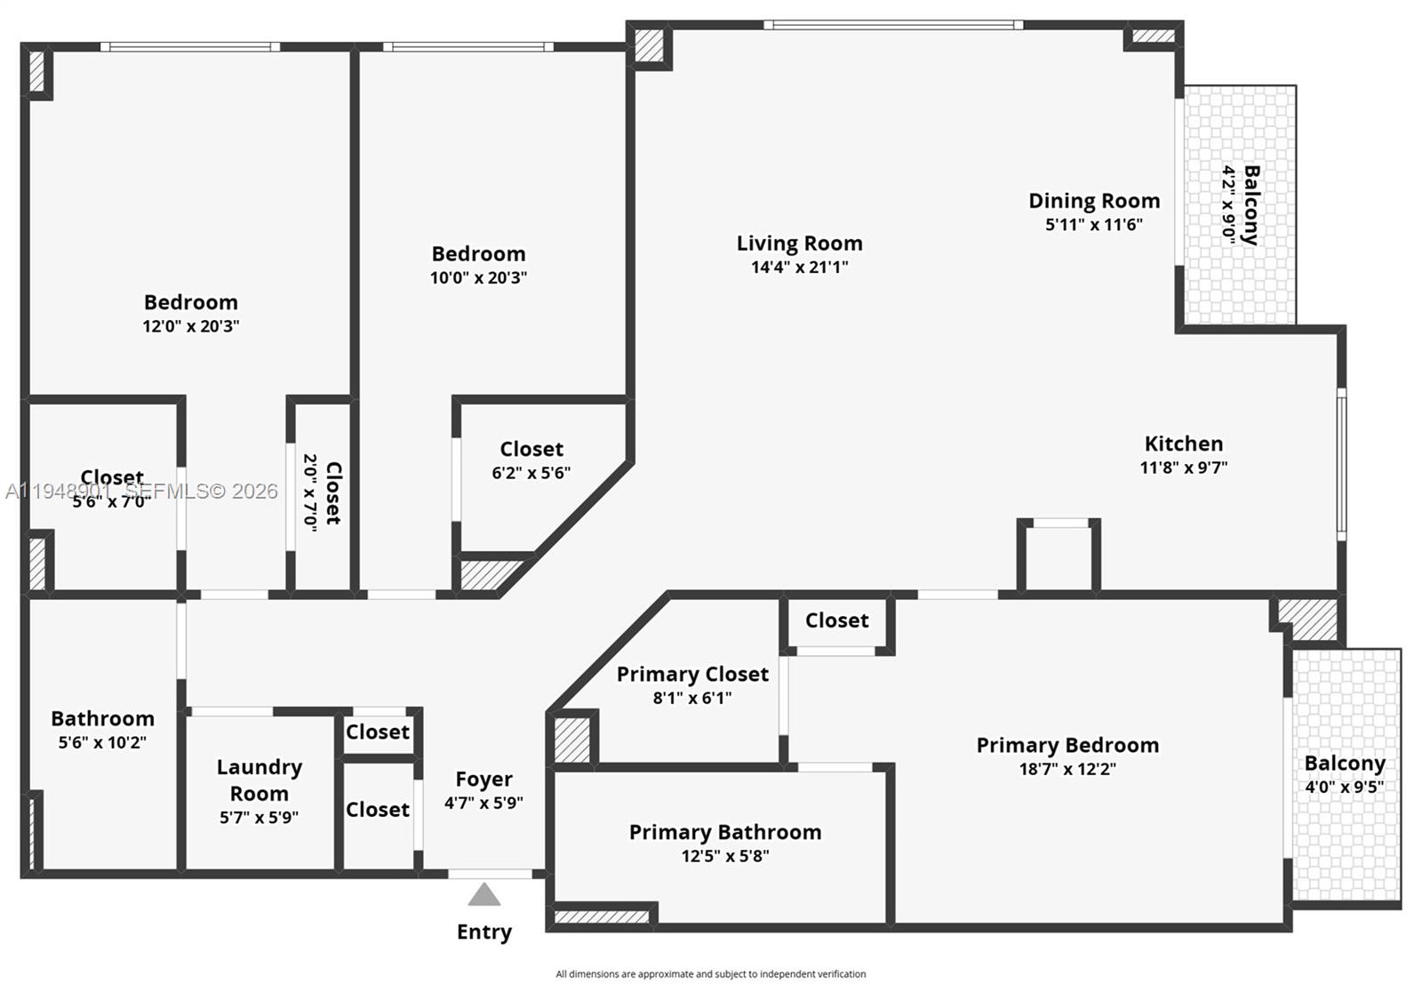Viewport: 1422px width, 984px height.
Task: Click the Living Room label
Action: coord(799,244)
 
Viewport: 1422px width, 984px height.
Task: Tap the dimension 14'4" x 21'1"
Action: coord(799,268)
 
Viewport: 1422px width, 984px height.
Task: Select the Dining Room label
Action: coord(1094,201)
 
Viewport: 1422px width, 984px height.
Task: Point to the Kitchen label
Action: coord(1183,444)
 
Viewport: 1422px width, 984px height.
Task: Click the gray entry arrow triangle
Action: coord(483,895)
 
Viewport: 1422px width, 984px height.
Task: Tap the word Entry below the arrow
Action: coord(483,932)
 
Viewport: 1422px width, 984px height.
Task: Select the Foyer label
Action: coord(483,780)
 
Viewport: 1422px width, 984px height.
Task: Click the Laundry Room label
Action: coord(259,780)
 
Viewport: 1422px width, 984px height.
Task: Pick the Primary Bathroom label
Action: coord(724,833)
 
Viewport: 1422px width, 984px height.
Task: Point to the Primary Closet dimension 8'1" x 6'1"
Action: coord(692,699)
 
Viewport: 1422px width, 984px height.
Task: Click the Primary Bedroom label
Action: coord(1067,746)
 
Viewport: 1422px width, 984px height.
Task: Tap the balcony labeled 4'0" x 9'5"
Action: coord(1344,774)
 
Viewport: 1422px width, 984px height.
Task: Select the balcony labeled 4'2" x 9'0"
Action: coord(1240,204)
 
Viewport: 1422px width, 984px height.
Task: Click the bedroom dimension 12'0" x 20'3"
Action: coord(190,326)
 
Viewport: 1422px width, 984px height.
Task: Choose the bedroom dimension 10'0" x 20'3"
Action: coord(478,277)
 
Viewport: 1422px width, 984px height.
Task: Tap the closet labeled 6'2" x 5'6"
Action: coord(531,460)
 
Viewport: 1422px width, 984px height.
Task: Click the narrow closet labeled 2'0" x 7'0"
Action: coord(322,492)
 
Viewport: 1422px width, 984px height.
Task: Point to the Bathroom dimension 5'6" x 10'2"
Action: coord(102,742)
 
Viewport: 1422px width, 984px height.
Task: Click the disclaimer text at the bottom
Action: coord(710,974)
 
